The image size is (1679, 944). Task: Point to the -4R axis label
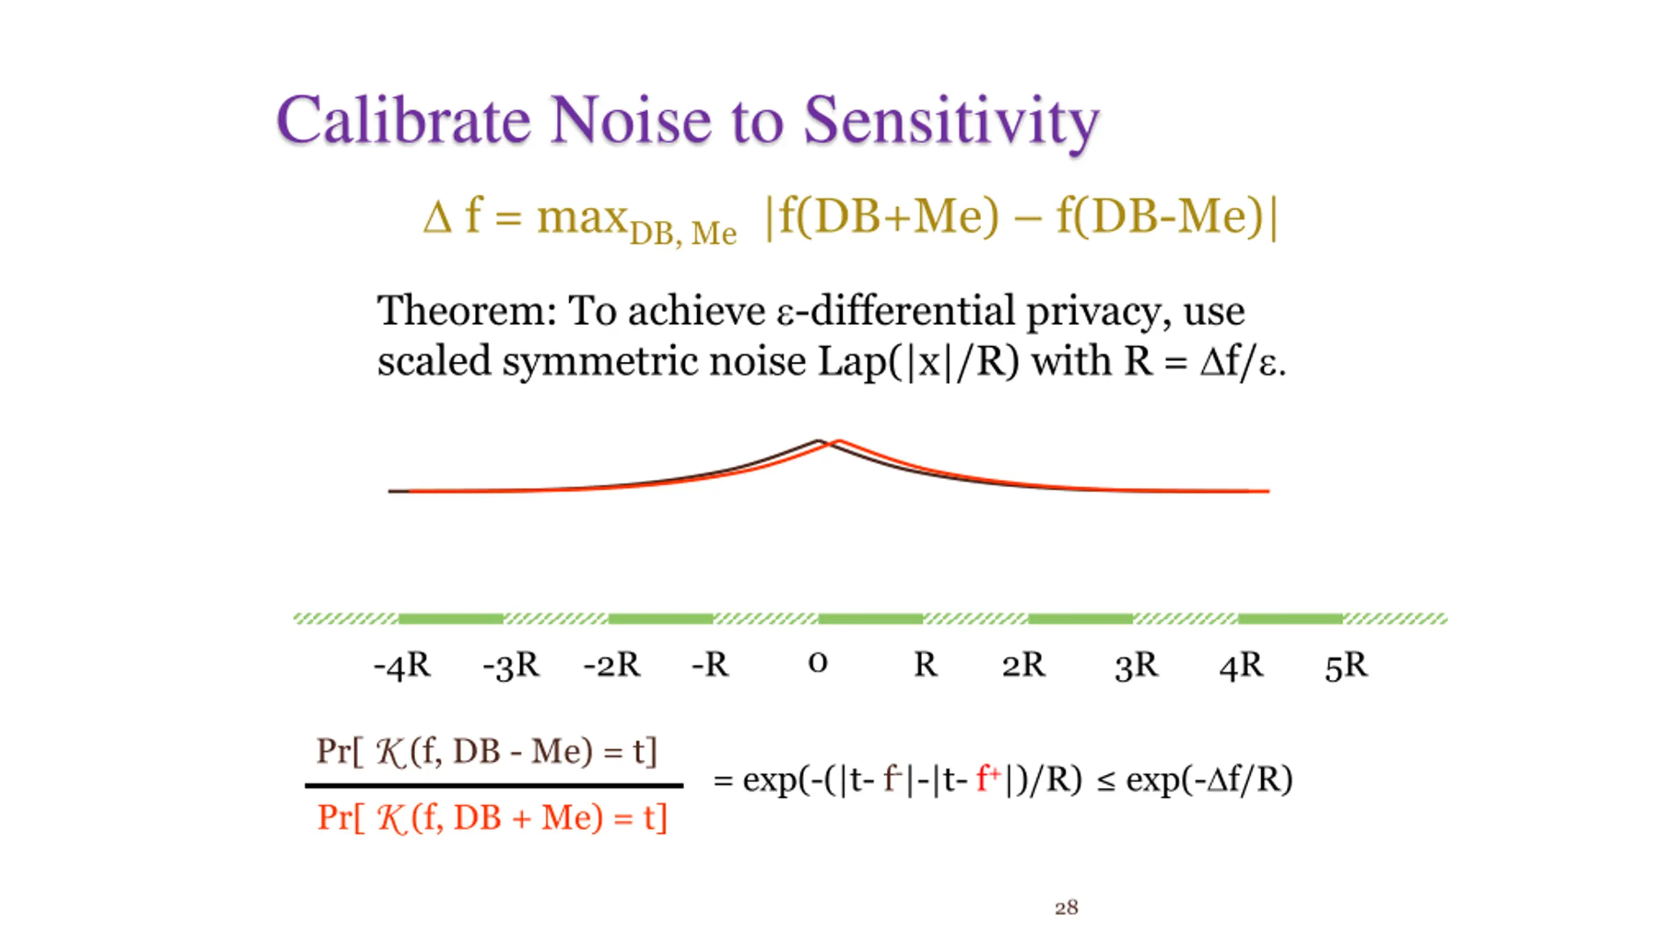pyautogui.click(x=402, y=665)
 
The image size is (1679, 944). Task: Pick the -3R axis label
pyautogui.click(x=511, y=665)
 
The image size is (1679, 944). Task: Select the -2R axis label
pyautogui.click(x=611, y=665)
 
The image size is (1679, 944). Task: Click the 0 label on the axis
pyautogui.click(x=817, y=663)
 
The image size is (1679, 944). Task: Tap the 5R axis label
pyautogui.click(x=1346, y=665)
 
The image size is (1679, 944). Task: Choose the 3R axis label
pyautogui.click(x=1136, y=665)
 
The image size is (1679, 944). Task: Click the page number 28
pyautogui.click(x=1066, y=907)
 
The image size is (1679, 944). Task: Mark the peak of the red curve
pyautogui.click(x=839, y=441)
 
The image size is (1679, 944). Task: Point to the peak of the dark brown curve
pyautogui.click(x=817, y=441)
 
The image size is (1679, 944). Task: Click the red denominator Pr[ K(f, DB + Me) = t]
pyautogui.click(x=492, y=818)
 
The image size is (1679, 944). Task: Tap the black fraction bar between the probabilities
pyautogui.click(x=493, y=785)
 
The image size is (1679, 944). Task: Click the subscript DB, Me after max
pyautogui.click(x=683, y=233)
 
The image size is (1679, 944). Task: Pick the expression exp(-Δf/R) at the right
pyautogui.click(x=1209, y=780)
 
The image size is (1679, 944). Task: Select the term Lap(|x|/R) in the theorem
pyautogui.click(x=918, y=361)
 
